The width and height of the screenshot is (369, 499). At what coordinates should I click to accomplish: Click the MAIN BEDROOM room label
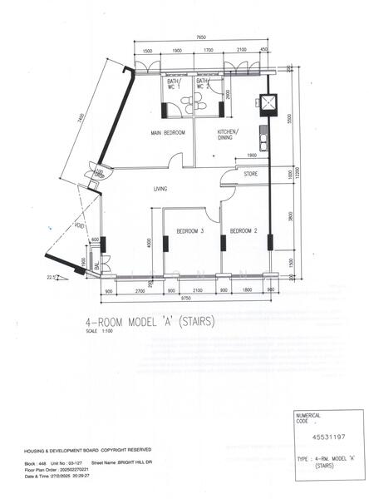(x=168, y=133)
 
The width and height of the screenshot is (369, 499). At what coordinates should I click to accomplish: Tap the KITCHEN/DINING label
(x=228, y=136)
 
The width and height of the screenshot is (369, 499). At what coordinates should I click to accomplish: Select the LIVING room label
(x=160, y=189)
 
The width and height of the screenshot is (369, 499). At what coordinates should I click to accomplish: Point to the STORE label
(x=251, y=175)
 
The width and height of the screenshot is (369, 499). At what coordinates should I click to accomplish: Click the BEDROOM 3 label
(x=190, y=230)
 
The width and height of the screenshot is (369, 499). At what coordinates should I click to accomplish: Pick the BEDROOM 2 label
(x=244, y=230)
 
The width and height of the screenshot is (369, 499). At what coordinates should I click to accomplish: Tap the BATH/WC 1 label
(x=173, y=84)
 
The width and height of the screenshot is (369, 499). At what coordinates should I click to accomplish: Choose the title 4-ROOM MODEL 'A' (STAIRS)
(x=150, y=321)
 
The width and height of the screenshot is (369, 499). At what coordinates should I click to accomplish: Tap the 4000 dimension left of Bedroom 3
(x=149, y=243)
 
